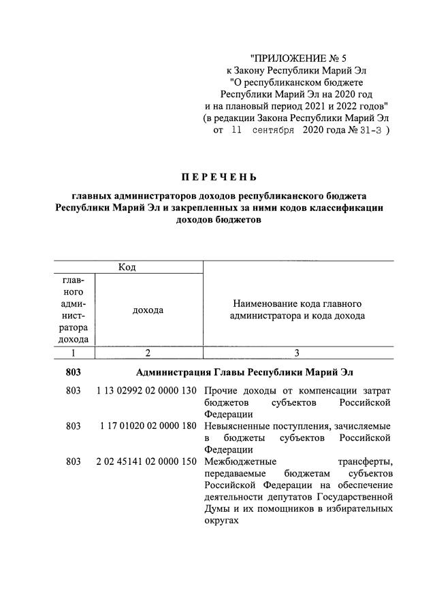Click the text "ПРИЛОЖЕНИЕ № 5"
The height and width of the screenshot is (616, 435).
(x=299, y=59)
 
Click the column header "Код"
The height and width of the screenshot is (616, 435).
(x=127, y=267)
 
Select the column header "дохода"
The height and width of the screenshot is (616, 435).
(x=148, y=310)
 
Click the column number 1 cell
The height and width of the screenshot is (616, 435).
(x=73, y=353)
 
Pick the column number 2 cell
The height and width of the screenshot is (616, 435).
(x=148, y=353)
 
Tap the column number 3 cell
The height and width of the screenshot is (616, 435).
(x=297, y=353)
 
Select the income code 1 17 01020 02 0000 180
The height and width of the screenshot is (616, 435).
(x=147, y=425)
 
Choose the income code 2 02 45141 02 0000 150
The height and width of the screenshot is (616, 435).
(x=147, y=461)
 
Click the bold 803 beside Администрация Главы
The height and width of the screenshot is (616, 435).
(x=73, y=372)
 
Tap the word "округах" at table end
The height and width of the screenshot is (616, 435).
(x=223, y=519)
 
